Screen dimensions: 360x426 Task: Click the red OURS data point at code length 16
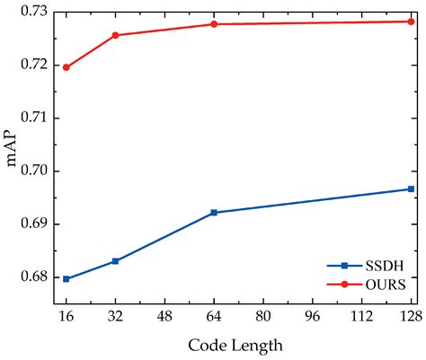click(x=66, y=67)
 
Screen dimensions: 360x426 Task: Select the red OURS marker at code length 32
click(x=115, y=35)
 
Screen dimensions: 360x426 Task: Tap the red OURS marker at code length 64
click(x=214, y=24)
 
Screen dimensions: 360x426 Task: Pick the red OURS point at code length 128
click(x=411, y=21)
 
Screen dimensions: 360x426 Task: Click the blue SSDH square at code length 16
click(x=66, y=279)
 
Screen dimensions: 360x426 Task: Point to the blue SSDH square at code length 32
click(x=115, y=261)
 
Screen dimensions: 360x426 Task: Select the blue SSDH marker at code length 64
click(x=214, y=213)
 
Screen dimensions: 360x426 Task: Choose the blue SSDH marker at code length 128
click(x=411, y=189)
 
